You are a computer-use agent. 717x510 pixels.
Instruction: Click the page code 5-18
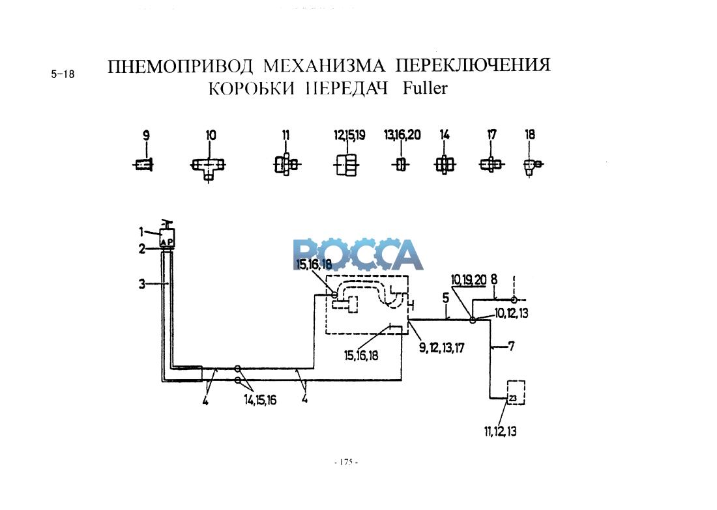pos(63,74)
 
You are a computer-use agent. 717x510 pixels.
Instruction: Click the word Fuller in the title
pos(425,89)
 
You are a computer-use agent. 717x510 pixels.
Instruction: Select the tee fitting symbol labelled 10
pos(208,167)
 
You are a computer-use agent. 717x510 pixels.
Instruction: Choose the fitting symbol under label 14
pos(445,165)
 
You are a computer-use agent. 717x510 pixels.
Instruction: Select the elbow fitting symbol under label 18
pos(532,166)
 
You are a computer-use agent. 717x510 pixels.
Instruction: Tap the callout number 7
pos(511,346)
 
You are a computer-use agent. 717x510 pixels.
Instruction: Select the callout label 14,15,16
pos(259,400)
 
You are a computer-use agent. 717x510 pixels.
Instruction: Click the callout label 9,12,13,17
pos(442,348)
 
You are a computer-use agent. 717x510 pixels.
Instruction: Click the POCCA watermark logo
pos(358,255)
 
